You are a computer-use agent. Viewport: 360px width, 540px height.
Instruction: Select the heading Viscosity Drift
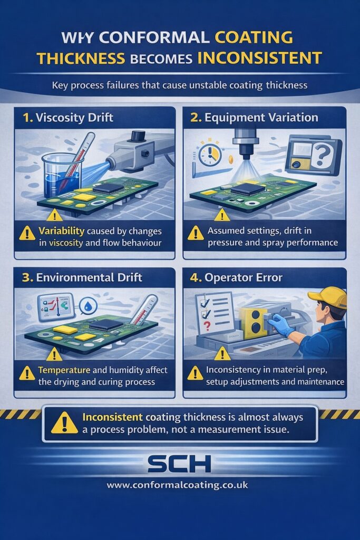[x=74, y=118]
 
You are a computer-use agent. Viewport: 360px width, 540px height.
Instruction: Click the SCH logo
[x=180, y=464]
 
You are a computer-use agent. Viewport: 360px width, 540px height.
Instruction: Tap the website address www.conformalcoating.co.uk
[x=180, y=485]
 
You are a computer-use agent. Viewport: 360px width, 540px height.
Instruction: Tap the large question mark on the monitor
[x=320, y=156]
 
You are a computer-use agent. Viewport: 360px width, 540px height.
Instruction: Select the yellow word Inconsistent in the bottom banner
[x=111, y=417]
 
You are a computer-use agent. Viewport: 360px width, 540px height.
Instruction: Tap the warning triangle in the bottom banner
[x=64, y=423]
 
